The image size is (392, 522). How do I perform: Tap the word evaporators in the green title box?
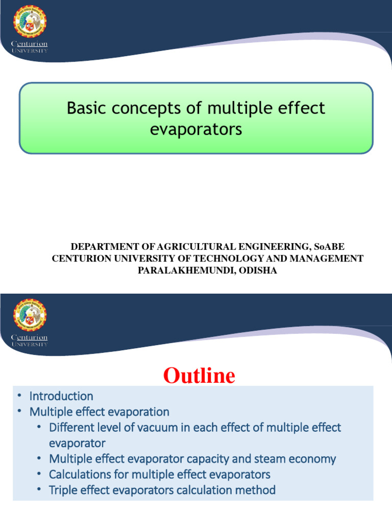[196, 129]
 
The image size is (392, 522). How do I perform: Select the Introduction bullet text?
[61, 396]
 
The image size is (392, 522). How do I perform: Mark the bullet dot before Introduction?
[19, 396]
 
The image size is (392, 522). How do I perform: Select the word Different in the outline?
[71, 427]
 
